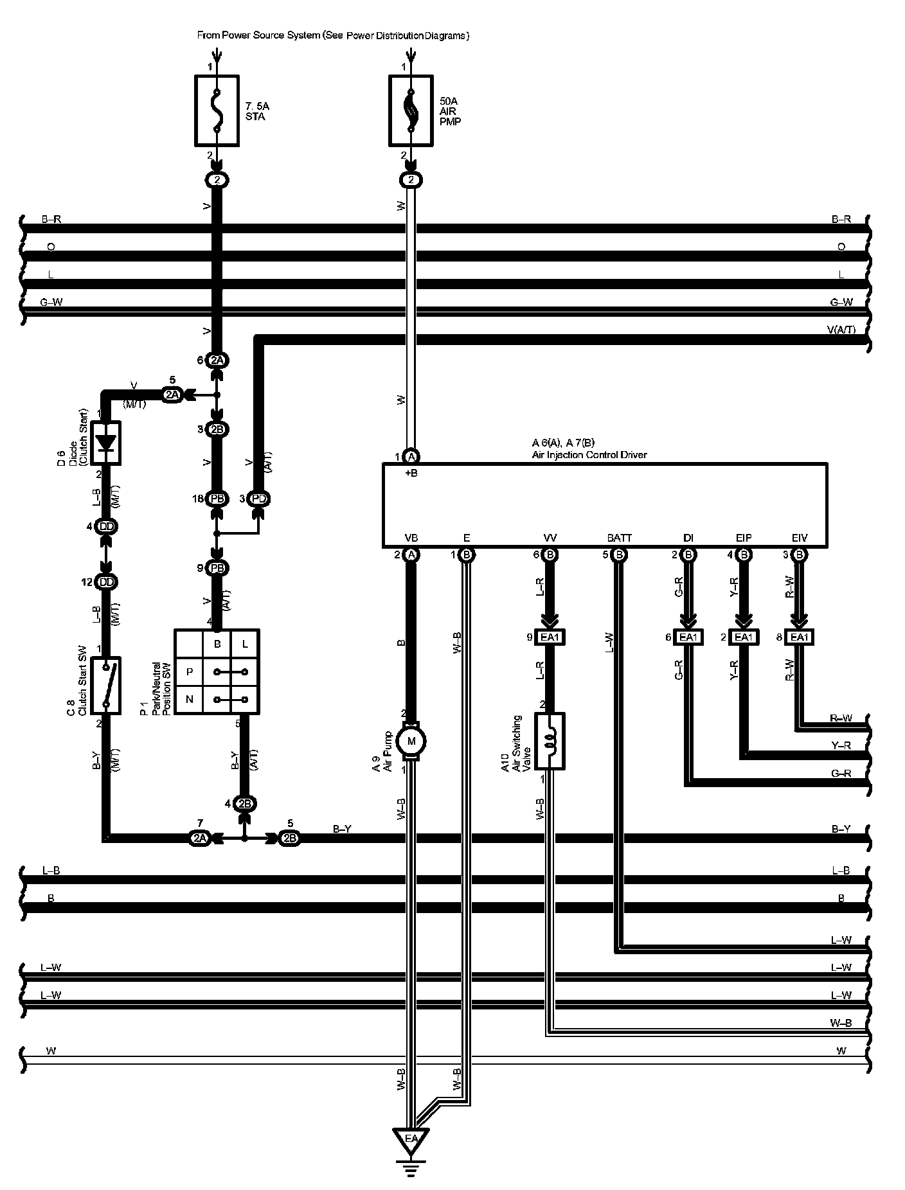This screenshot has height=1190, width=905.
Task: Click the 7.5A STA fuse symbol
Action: tap(217, 111)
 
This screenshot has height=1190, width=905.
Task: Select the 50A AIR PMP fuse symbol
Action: tap(411, 111)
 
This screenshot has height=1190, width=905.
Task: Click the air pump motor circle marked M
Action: tap(411, 741)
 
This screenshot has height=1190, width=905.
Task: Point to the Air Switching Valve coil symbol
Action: tap(550, 740)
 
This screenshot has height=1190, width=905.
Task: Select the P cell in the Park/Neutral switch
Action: tap(190, 672)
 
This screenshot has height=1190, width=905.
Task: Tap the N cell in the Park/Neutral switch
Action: tap(190, 700)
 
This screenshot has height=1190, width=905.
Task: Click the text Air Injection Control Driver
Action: tap(589, 455)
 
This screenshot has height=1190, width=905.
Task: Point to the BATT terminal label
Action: tap(619, 538)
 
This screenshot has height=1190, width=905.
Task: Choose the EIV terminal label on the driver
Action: tap(799, 538)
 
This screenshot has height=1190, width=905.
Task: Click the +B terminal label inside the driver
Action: tap(411, 474)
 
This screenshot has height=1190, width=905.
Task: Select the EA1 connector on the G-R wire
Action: tap(688, 637)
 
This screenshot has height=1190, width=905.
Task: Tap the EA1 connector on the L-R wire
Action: tap(550, 637)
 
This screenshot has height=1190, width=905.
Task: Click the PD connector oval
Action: tap(259, 499)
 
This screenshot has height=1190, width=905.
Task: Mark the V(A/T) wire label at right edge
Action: tap(841, 330)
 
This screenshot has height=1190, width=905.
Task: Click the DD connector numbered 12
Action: tap(107, 582)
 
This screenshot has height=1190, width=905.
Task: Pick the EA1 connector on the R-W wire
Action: tap(799, 637)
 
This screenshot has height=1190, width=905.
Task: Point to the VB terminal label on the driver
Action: tap(411, 538)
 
